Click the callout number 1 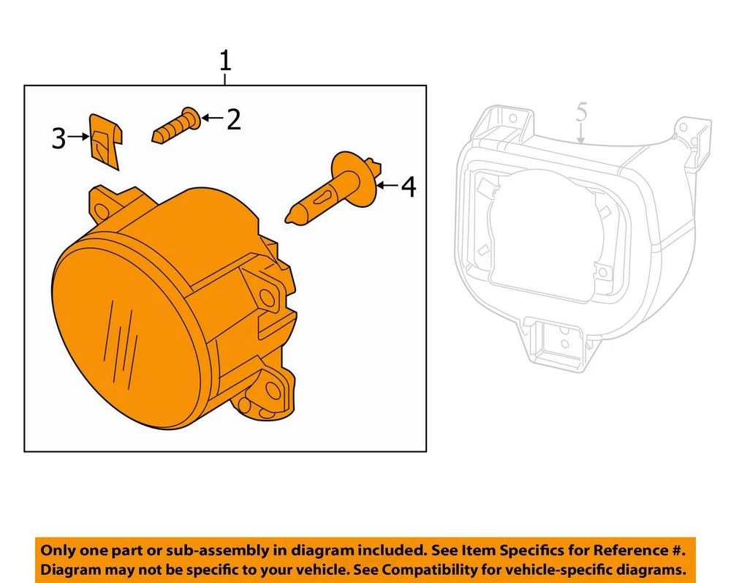coord(225,61)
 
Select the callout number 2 coord(234,119)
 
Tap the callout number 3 coord(58,138)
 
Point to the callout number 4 coord(409,187)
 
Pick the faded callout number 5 coord(581,113)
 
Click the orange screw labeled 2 coord(177,124)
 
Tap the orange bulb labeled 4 coord(333,189)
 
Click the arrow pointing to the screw coord(213,118)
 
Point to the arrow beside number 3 coord(78,137)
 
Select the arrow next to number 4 coord(387,186)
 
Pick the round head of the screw coord(192,118)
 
